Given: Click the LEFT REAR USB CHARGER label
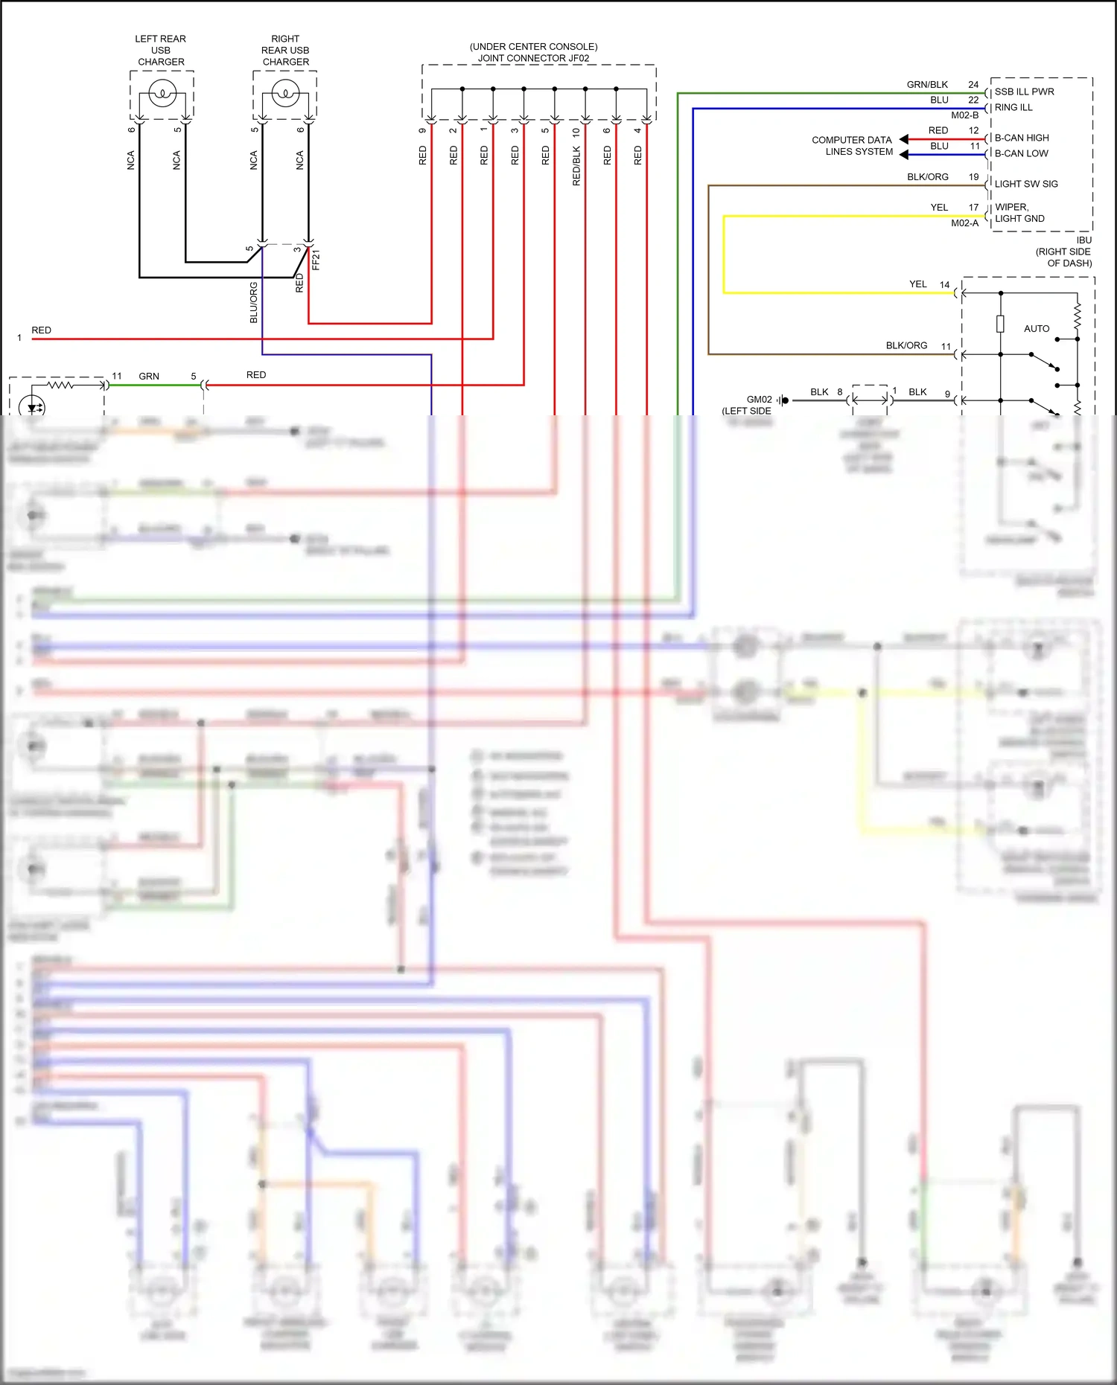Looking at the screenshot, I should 161,50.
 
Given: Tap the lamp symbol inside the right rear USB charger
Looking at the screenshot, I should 285,94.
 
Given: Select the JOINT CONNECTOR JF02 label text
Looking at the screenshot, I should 533,58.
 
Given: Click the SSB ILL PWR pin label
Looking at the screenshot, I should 1024,92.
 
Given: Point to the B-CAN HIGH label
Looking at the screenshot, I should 1021,138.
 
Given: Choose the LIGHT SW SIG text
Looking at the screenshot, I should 1025,184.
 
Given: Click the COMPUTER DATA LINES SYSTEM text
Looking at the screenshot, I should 853,145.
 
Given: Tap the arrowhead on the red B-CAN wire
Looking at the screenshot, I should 904,139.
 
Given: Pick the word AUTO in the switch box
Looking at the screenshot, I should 1036,328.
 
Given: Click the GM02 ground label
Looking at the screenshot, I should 759,400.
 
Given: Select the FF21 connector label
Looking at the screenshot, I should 316,260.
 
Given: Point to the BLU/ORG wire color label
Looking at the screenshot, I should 254,302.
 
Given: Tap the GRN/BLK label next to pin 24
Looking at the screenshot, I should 927,84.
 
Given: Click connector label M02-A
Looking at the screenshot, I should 964,223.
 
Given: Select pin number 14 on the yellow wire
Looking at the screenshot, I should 944,284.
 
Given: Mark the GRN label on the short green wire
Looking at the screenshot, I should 149,376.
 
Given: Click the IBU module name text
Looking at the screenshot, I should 1083,240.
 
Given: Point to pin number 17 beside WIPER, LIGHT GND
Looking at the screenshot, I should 973,207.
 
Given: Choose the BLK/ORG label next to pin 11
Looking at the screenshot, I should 906,345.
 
